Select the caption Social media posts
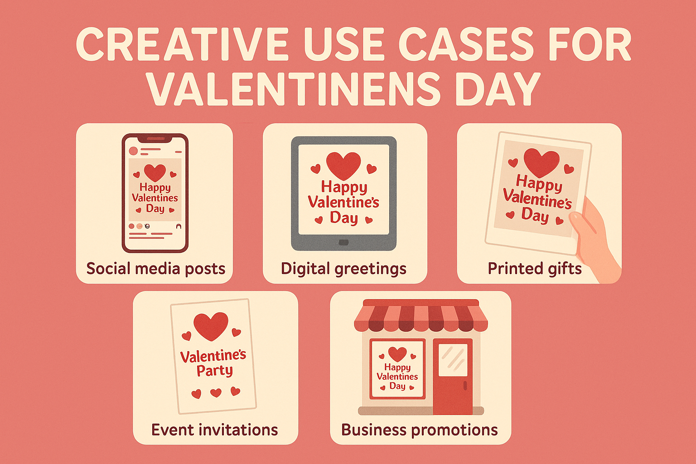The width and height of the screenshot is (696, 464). [x=155, y=269]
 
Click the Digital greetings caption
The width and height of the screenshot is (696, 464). [x=343, y=269]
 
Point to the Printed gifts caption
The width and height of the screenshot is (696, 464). [x=534, y=269]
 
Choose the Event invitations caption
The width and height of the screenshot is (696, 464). [x=214, y=430]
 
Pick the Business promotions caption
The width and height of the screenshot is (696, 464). [x=419, y=430]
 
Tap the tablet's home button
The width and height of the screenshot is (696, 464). [x=343, y=242]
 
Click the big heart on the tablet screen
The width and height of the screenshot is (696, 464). [x=343, y=165]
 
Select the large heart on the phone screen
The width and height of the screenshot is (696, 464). [x=155, y=172]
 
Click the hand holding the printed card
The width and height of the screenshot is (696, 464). [x=594, y=236]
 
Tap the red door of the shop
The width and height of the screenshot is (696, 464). [x=452, y=381]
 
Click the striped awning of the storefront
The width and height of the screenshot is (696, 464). [x=420, y=317]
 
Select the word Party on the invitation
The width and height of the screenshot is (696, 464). [x=214, y=371]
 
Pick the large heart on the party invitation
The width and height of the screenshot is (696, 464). [x=211, y=325]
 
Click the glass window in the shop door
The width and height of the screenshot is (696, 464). [x=453, y=359]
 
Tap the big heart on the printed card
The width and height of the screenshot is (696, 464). [x=541, y=162]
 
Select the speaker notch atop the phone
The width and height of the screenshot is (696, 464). [x=155, y=139]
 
